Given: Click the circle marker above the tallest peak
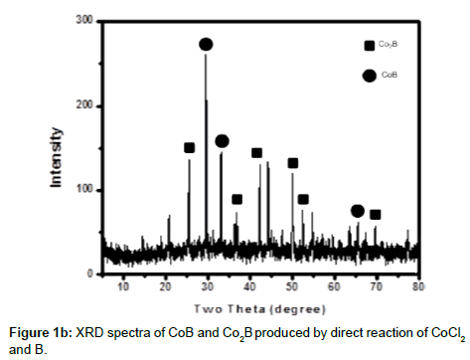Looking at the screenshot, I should (x=206, y=44).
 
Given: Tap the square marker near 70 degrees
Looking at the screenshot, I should (x=375, y=214).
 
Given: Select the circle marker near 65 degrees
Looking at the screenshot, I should (x=358, y=211).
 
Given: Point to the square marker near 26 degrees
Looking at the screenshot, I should (x=189, y=148).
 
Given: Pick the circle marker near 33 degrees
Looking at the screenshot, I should (x=222, y=141).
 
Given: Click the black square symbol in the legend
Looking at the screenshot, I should (x=369, y=45).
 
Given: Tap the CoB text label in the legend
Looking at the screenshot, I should (x=391, y=74).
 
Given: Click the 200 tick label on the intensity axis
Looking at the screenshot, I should (x=84, y=104).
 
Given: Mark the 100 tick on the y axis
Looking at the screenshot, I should (x=84, y=189).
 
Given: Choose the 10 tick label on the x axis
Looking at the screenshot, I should (x=123, y=286).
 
